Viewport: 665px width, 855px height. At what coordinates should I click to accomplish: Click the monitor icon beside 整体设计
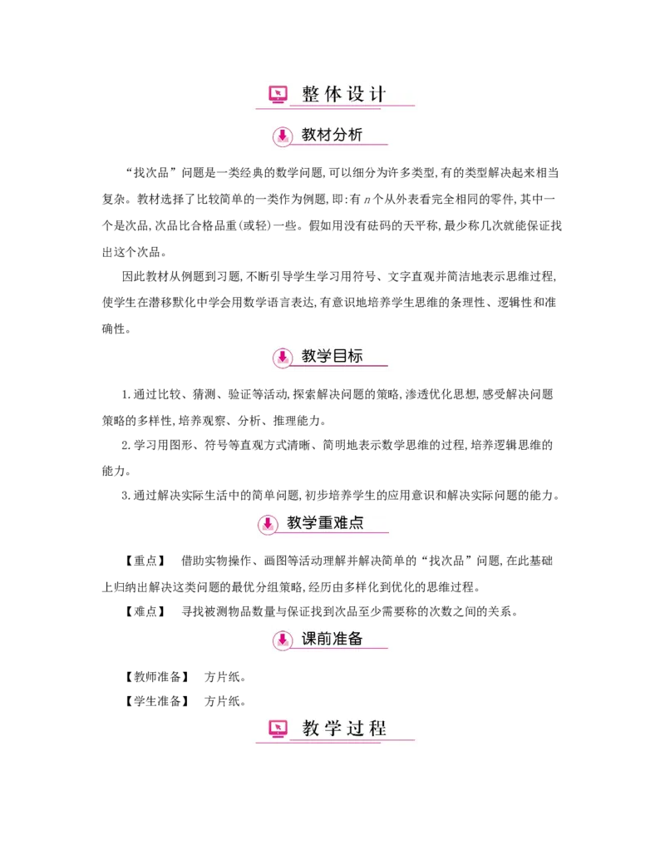tap(278, 95)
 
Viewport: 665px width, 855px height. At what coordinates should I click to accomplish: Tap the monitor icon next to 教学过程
tap(278, 729)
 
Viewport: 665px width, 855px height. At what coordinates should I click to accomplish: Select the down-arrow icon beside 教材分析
tap(283, 136)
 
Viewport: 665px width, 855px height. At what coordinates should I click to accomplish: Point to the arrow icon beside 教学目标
tap(283, 357)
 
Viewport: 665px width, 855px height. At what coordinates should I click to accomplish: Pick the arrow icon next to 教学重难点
tap(268, 524)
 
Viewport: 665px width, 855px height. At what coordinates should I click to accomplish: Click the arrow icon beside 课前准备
tap(283, 640)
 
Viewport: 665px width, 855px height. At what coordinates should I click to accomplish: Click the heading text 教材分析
tap(332, 135)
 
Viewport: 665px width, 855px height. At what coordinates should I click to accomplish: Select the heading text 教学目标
tap(332, 356)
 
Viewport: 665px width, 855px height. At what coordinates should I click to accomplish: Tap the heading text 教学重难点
tap(325, 523)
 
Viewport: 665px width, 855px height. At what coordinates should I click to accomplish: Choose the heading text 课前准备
tap(332, 639)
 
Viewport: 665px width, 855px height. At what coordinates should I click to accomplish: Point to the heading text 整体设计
tap(344, 94)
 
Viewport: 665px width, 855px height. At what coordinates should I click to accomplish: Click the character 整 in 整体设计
tap(311, 94)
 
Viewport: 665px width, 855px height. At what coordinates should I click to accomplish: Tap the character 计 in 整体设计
tap(378, 94)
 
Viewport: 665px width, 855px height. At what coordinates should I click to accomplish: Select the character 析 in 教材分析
tap(355, 135)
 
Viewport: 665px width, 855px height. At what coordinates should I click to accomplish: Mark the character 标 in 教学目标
tap(355, 356)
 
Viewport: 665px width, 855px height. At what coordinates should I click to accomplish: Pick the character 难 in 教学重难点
tap(341, 523)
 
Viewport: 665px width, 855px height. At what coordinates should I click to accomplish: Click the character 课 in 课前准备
tap(309, 639)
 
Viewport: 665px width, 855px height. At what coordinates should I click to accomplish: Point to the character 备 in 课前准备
tap(355, 639)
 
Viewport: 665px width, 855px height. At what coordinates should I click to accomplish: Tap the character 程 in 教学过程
tap(378, 729)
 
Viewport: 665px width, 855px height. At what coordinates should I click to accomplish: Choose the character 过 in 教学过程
tap(356, 729)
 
